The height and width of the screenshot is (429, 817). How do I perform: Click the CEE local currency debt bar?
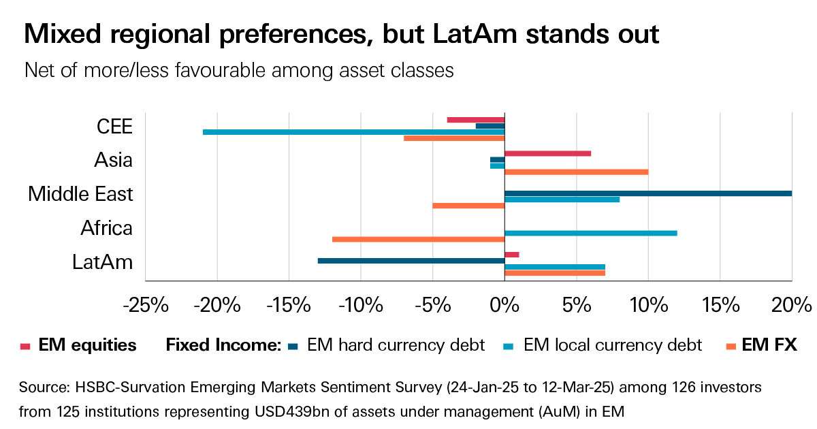[353, 132]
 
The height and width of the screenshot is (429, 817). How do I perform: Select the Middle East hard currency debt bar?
[647, 193]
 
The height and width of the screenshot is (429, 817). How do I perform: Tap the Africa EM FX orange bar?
[418, 239]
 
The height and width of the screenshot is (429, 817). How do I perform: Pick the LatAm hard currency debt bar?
[411, 261]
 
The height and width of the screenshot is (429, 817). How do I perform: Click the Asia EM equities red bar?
[547, 154]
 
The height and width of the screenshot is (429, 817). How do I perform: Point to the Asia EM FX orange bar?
[576, 172]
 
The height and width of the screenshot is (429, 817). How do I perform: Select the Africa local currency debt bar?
[590, 233]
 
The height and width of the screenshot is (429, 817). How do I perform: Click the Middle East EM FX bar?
[468, 206]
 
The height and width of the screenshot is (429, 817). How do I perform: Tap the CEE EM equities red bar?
[475, 120]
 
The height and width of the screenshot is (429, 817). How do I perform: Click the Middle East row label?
[80, 194]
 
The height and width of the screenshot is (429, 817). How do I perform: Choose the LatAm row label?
[102, 262]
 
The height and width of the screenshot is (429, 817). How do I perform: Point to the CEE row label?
[114, 127]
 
